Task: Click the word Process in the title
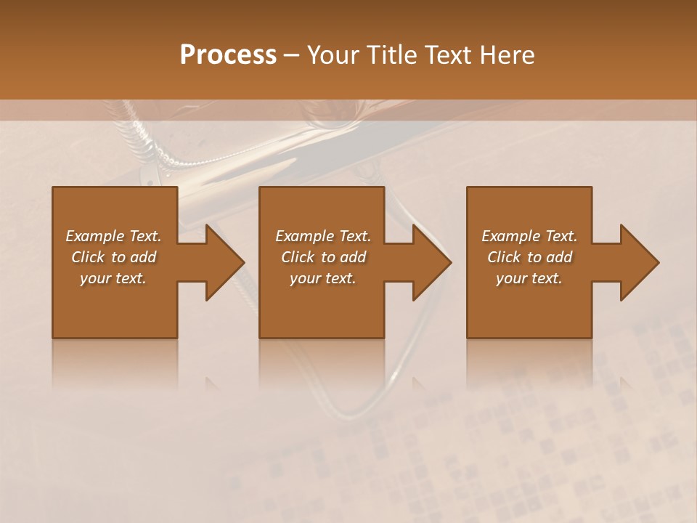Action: (x=228, y=55)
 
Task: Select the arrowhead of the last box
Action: (x=638, y=262)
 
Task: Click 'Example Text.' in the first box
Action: (x=114, y=236)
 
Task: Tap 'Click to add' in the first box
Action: (x=114, y=257)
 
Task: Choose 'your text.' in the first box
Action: (x=114, y=278)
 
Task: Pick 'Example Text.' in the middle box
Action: (x=323, y=236)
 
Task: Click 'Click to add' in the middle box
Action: (x=323, y=257)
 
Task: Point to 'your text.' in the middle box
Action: (x=323, y=278)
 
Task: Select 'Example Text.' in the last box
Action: (x=529, y=236)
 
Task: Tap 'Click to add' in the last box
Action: (x=529, y=257)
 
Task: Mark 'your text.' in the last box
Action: (x=529, y=278)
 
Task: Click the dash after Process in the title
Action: (x=292, y=56)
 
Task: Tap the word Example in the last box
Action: (x=511, y=236)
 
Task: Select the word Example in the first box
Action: (x=96, y=236)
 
